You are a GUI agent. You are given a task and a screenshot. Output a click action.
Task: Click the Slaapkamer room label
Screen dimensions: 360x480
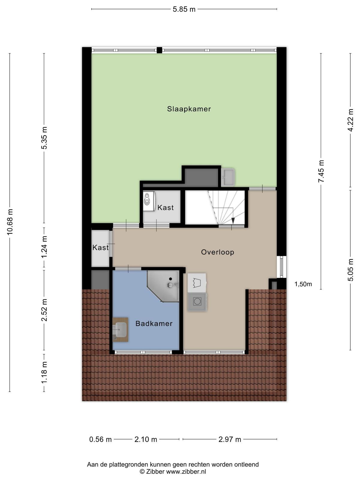pos(189,109)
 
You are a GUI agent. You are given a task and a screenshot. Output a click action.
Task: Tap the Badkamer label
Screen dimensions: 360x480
pos(154,323)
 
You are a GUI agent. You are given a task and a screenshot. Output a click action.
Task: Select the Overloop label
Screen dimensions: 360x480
pos(217,252)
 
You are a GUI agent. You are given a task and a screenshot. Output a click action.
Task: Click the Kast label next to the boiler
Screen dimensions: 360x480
pos(166,208)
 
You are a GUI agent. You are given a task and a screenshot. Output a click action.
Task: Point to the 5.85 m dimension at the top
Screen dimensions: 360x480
pos(184,9)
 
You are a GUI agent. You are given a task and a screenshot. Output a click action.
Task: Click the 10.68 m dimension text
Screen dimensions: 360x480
pos(10,222)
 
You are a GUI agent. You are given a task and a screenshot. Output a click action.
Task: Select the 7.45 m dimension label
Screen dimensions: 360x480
pos(321,171)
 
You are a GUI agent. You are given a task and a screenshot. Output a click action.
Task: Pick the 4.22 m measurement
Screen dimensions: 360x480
pos(350,120)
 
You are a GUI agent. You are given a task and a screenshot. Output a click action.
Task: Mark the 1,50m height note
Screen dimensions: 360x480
pos(303,284)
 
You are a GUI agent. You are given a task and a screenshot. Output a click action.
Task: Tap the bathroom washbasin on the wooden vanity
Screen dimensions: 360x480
pos(120,329)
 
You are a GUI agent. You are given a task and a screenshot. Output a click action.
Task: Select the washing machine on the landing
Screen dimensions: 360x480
pos(197,302)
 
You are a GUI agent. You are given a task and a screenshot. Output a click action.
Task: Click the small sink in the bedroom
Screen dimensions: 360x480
pos(228,177)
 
